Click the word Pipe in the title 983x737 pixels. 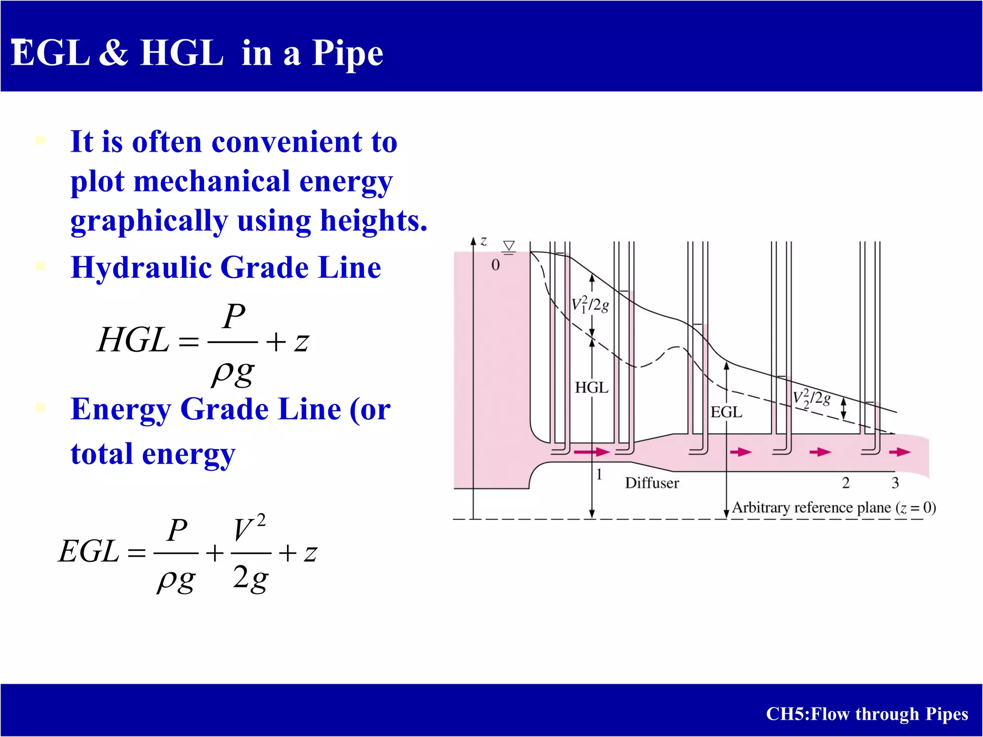tap(348, 54)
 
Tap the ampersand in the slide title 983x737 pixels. tap(114, 53)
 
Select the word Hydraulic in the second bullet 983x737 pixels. tap(141, 267)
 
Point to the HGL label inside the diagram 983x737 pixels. tap(591, 388)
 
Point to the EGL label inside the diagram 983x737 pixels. tap(726, 412)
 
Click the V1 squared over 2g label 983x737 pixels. tap(590, 305)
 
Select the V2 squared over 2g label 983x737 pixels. tap(811, 399)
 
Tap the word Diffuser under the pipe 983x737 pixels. tap(652, 483)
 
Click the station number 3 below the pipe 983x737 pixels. tap(895, 483)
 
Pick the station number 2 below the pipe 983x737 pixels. tap(846, 483)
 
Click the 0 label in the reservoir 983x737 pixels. tap(495, 265)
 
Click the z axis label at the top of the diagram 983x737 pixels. tap(484, 241)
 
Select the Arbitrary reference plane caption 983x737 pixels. tap(834, 508)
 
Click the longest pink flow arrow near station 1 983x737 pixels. tap(591, 452)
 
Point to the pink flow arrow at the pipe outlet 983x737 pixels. tap(899, 452)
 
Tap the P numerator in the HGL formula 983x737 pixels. tap(234, 317)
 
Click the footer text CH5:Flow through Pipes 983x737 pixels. tap(867, 714)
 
